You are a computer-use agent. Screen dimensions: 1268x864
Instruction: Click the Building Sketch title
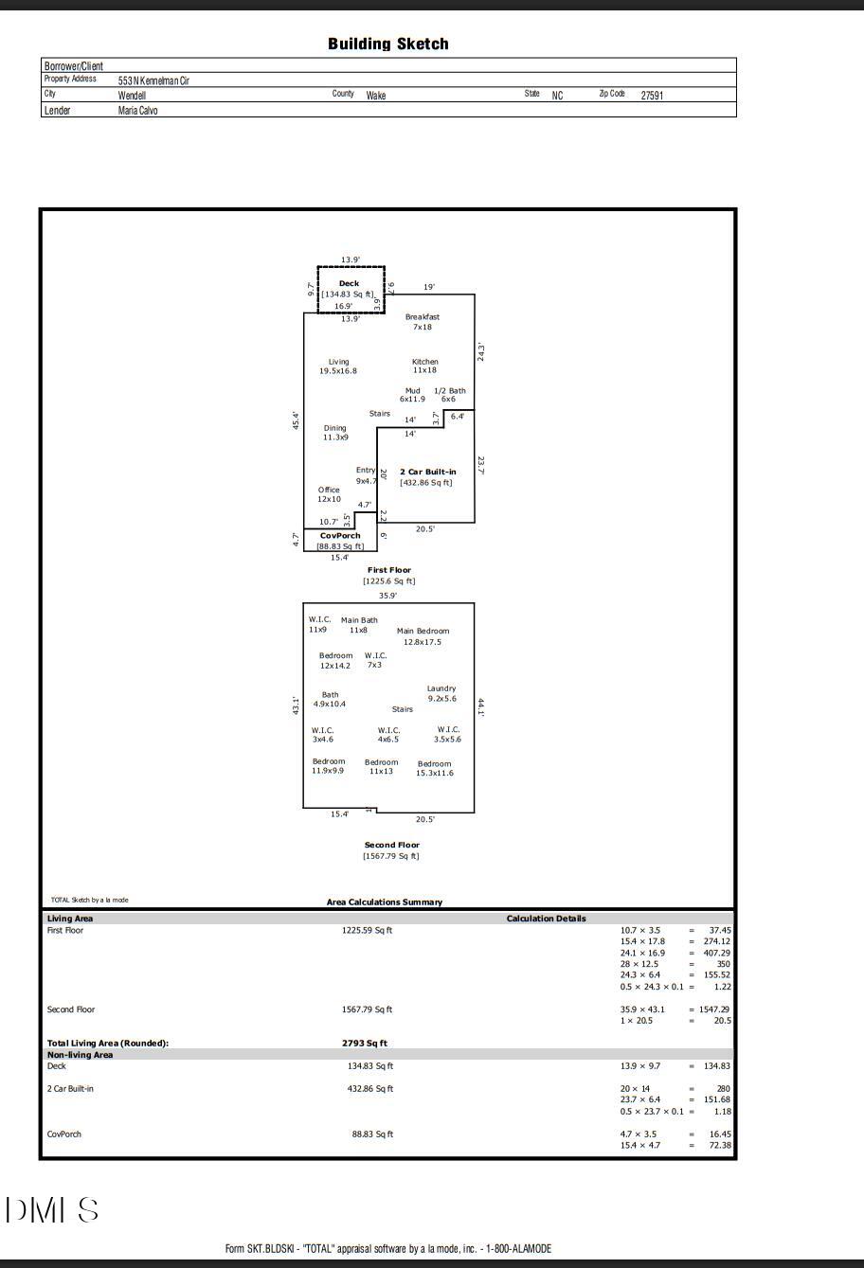pyautogui.click(x=387, y=44)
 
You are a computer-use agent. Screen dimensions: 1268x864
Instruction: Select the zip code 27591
pyautogui.click(x=652, y=96)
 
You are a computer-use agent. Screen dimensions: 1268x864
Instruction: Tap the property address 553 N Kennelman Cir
pyautogui.click(x=153, y=80)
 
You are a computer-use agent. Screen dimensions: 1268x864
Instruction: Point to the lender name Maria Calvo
pyautogui.click(x=137, y=111)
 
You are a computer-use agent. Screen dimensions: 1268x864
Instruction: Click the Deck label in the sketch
pyautogui.click(x=349, y=283)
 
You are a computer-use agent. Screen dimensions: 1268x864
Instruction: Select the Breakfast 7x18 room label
pyautogui.click(x=423, y=322)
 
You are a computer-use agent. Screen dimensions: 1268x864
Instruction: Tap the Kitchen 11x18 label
pyautogui.click(x=425, y=366)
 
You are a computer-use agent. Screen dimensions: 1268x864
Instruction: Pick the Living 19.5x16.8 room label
pyautogui.click(x=338, y=366)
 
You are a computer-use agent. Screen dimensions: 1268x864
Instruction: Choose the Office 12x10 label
pyautogui.click(x=329, y=494)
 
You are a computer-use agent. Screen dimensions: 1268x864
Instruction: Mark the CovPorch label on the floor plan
pyautogui.click(x=340, y=536)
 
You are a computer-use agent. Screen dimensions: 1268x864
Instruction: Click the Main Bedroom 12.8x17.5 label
pyautogui.click(x=423, y=636)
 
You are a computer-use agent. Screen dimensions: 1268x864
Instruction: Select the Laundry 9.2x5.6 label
pyautogui.click(x=441, y=693)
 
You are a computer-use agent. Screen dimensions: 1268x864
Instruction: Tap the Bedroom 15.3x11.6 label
pyautogui.click(x=435, y=768)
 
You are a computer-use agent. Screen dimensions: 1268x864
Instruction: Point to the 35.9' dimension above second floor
pyautogui.click(x=387, y=596)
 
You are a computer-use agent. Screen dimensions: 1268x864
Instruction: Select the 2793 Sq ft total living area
pyautogui.click(x=365, y=1044)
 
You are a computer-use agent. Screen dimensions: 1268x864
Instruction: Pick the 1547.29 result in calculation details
pyautogui.click(x=711, y=1009)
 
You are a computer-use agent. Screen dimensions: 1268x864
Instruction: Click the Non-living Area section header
pyautogui.click(x=81, y=1055)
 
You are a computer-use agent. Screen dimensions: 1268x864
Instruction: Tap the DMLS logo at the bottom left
pyautogui.click(x=52, y=1210)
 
